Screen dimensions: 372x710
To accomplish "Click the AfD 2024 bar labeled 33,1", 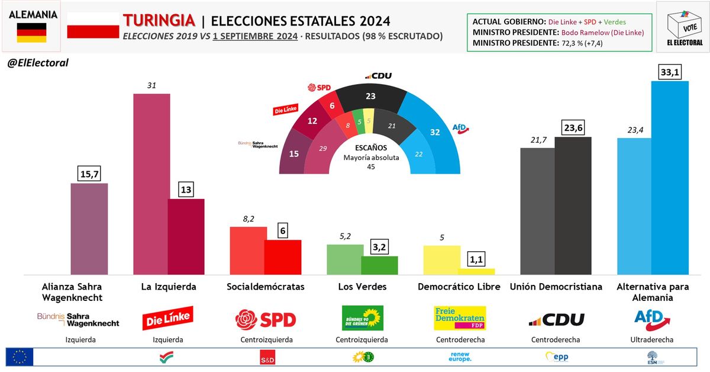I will click(x=669, y=178).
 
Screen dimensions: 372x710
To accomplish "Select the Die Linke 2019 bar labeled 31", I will click(x=151, y=184).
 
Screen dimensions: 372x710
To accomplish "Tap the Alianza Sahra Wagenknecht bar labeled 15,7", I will click(x=89, y=229).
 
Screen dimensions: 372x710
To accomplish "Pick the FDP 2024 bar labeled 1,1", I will click(x=476, y=272).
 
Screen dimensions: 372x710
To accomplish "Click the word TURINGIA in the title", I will click(x=159, y=21).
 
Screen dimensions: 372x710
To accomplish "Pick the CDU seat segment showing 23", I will click(x=371, y=97).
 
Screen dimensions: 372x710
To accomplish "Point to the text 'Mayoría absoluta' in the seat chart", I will click(x=372, y=158).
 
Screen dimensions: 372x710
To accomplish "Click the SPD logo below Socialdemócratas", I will click(x=265, y=320).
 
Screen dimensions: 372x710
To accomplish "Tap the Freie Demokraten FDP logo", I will click(x=460, y=318).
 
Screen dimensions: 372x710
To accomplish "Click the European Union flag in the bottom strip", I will click(x=20, y=357).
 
